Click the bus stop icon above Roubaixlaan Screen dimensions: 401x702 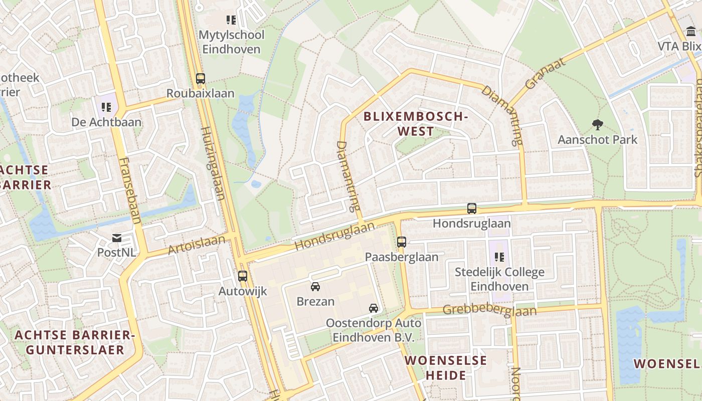tap(201, 79)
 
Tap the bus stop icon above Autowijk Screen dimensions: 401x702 tap(243, 276)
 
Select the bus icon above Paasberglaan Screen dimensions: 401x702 tap(402, 242)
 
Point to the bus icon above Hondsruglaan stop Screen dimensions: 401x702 tap(472, 209)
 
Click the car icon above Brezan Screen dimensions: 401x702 tap(315, 287)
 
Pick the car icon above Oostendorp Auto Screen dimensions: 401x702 tap(374, 308)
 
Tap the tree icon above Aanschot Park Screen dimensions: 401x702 tap(597, 124)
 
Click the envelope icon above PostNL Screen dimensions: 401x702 tap(117, 238)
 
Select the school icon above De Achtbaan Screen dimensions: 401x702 tap(106, 107)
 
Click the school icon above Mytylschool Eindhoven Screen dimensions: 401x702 tap(231, 20)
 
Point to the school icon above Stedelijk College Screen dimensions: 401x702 tap(499, 257)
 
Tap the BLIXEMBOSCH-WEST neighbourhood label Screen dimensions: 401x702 tap(415, 124)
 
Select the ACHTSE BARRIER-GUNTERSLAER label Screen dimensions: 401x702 tap(75, 342)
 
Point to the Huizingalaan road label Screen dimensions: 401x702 tap(213, 163)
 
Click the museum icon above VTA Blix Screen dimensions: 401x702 tap(691, 32)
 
